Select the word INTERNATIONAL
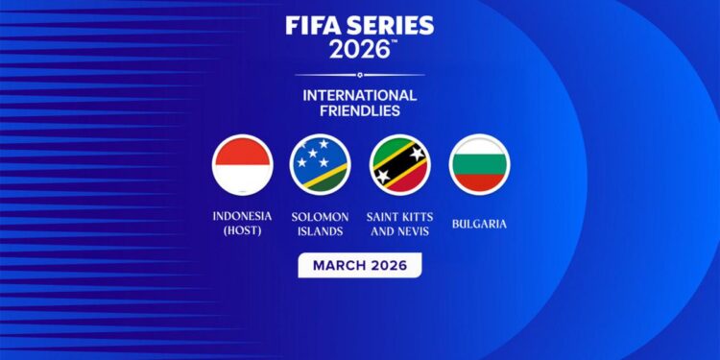point(359,96)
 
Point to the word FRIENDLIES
point(359,111)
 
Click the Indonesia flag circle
point(242,164)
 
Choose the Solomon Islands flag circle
point(321,164)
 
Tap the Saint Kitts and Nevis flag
point(399,164)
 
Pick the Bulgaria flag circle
point(479,164)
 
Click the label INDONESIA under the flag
point(242,217)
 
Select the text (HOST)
point(242,231)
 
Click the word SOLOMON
point(321,217)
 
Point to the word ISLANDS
point(321,231)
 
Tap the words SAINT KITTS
point(399,217)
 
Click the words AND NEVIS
point(399,231)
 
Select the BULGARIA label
point(479,224)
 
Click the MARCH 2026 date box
point(359,265)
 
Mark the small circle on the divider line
point(359,75)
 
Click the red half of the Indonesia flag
point(242,152)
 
